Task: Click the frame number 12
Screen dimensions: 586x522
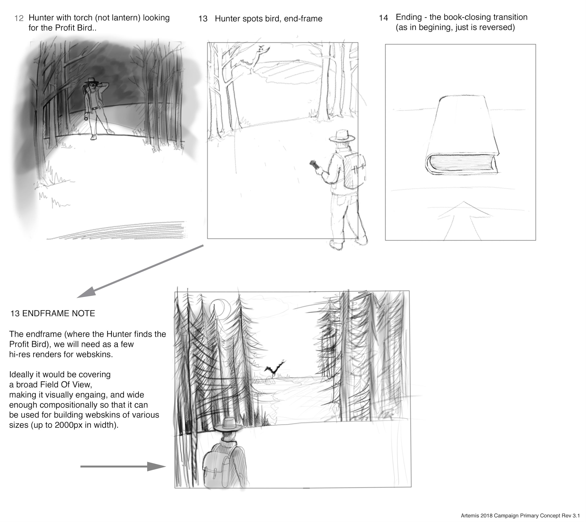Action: tap(19, 18)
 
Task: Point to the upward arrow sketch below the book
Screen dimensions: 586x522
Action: tap(462, 221)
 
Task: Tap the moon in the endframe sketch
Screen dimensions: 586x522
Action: tap(220, 308)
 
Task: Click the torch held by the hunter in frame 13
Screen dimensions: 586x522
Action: tap(314, 165)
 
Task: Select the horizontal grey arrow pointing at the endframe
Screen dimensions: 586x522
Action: tap(123, 466)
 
